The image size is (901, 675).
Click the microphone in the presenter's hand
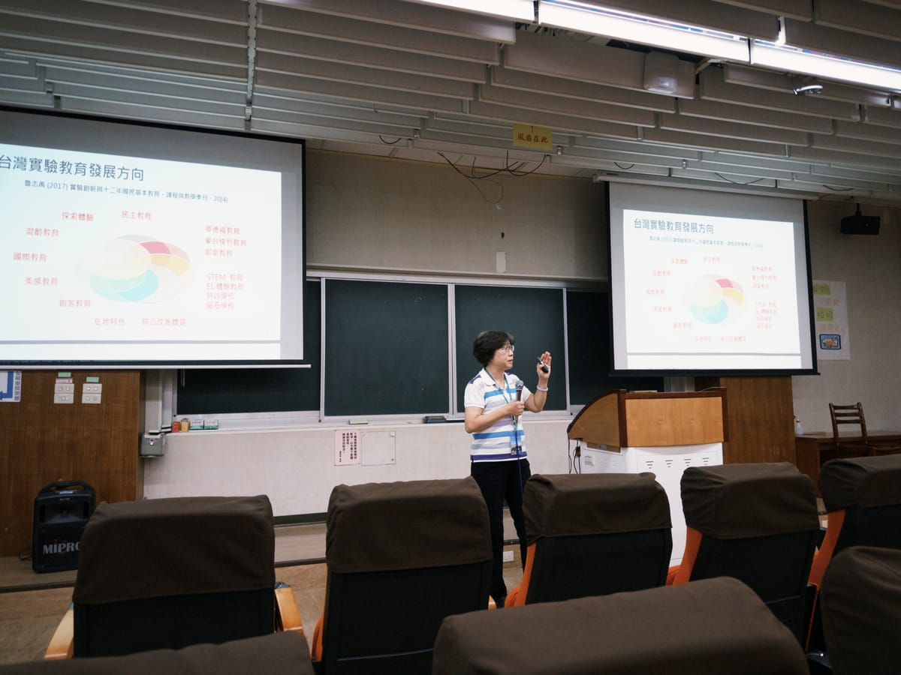(x=518, y=390)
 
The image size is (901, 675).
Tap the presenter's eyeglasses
(x=507, y=349)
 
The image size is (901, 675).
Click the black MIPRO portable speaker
(x=62, y=525)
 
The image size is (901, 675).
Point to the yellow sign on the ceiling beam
(x=532, y=137)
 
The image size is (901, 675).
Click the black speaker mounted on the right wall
(x=860, y=223)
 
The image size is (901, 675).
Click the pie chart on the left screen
(x=140, y=268)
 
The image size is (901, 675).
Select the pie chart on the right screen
(x=716, y=298)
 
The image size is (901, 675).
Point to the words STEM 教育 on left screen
(x=224, y=277)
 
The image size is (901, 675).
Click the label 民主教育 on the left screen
(x=136, y=215)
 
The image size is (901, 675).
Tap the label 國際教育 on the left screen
(x=30, y=256)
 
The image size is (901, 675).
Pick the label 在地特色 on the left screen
(x=110, y=321)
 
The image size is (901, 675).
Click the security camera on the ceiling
(x=808, y=89)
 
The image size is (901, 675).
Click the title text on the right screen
(x=673, y=226)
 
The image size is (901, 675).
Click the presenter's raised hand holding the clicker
(x=544, y=364)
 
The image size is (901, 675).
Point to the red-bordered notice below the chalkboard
(x=346, y=447)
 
